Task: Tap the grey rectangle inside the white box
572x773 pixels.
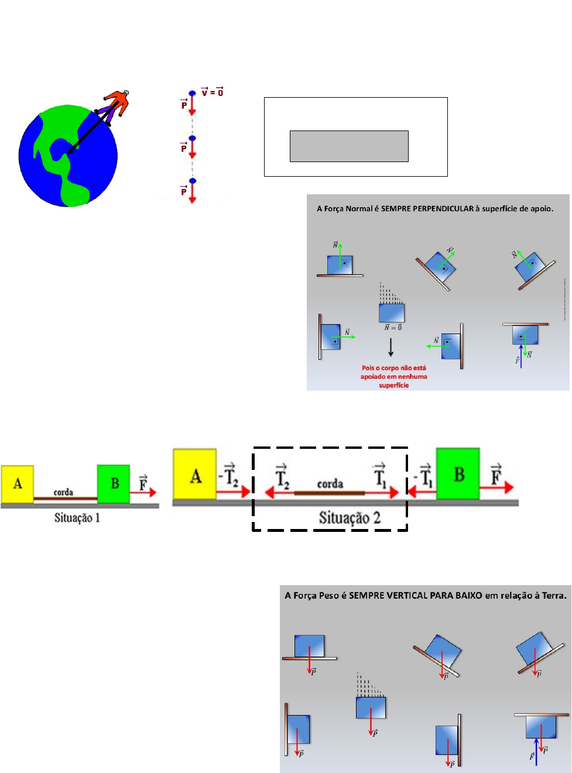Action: (349, 146)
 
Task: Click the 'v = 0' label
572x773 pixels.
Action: (212, 92)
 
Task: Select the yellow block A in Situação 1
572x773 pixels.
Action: (17, 484)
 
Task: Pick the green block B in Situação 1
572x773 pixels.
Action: (114, 483)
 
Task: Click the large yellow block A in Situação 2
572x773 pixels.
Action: (195, 474)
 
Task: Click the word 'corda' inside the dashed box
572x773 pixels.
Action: (330, 483)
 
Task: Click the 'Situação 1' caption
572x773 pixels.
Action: (77, 518)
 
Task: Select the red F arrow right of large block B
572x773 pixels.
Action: (497, 487)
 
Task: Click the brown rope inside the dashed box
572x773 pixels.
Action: (329, 493)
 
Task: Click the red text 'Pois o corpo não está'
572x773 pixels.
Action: (393, 368)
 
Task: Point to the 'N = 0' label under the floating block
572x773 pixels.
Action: (393, 328)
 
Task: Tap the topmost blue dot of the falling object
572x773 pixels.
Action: (192, 94)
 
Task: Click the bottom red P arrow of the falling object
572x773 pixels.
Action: (192, 193)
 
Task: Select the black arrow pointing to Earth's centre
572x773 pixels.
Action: (89, 133)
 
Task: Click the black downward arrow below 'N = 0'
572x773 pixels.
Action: (391, 347)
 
